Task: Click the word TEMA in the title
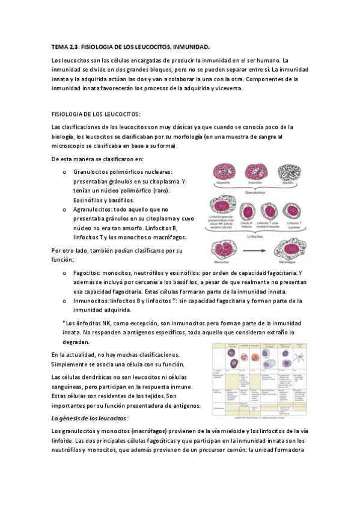point(59,46)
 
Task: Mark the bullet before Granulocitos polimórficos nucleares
point(64,172)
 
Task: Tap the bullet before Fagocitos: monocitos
point(64,273)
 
